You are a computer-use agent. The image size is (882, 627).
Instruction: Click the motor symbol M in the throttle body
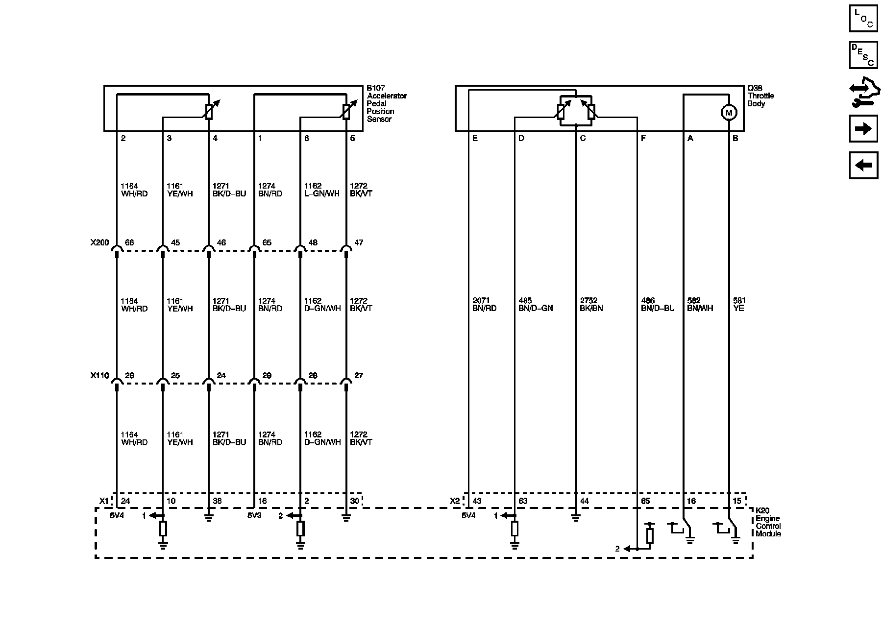coord(729,113)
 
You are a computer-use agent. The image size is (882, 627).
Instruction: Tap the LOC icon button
coord(863,19)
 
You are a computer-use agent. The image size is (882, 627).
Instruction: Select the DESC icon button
coord(863,55)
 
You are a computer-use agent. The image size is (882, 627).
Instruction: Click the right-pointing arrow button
coord(863,129)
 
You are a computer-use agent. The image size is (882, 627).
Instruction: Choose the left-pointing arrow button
coord(863,165)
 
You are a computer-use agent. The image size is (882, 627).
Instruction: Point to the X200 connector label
coord(100,243)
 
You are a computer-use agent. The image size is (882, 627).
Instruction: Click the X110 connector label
coord(100,376)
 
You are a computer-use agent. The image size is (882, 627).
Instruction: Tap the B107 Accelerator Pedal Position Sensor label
coord(387,104)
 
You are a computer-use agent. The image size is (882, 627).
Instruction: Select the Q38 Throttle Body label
coord(760,96)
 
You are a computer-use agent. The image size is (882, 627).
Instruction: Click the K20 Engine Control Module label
coord(768,522)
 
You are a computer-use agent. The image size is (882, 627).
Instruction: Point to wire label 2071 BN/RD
coord(484,305)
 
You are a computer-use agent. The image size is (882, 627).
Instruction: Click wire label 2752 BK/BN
coord(591,305)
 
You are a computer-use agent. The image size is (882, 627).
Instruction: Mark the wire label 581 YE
coord(739,305)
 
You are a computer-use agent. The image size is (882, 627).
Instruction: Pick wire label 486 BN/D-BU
coord(658,305)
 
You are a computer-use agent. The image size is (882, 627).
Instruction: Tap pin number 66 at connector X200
coord(129,243)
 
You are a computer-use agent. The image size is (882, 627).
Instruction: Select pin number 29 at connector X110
coord(267,376)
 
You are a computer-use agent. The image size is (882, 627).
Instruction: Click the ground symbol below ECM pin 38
coord(209,518)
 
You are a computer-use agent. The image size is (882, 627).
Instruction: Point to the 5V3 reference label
coord(254,516)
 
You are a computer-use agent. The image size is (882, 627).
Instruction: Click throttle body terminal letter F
coord(643,139)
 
